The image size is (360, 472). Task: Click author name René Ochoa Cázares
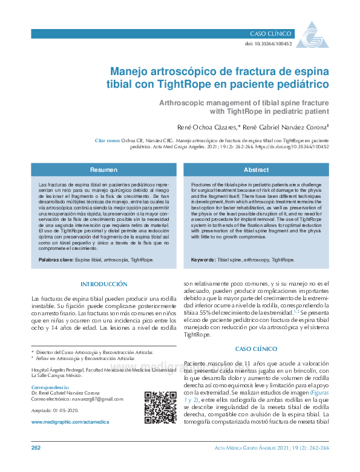(x=208, y=128)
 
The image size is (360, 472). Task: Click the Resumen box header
(x=103, y=170)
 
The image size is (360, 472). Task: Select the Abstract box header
(x=256, y=170)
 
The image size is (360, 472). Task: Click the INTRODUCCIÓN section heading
(x=103, y=284)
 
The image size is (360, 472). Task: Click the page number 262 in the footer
(x=36, y=448)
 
